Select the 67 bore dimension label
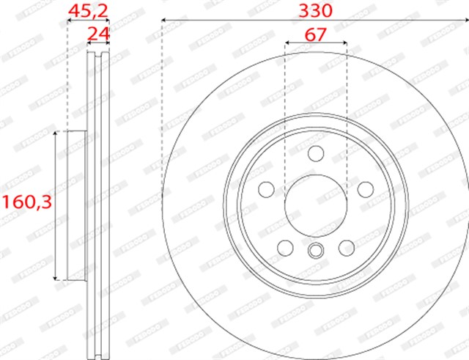(315, 33)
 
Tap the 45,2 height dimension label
(88, 10)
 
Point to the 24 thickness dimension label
(98, 33)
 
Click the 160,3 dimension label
(26, 202)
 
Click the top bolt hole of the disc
(316, 153)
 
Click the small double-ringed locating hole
(316, 251)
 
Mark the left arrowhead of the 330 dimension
(163, 19)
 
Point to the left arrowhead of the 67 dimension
(287, 43)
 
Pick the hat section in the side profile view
(77, 205)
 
